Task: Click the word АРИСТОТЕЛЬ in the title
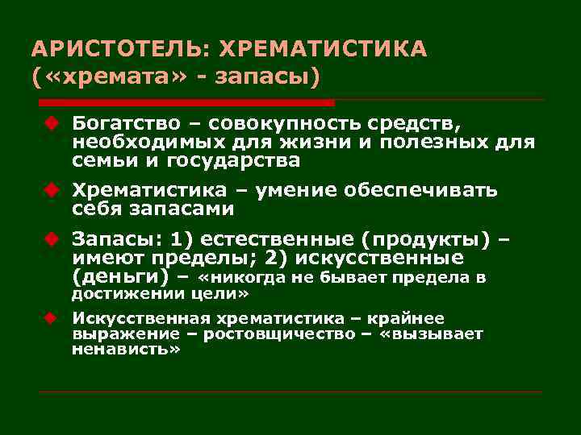pos(116,50)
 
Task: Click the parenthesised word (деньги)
pos(120,276)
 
